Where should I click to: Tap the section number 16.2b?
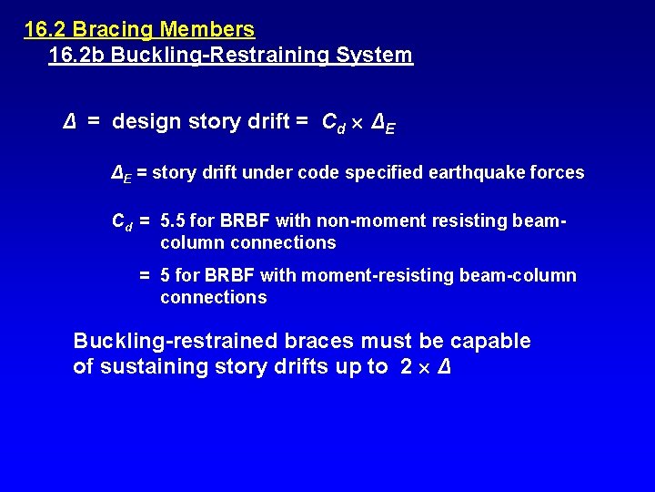[x=77, y=55]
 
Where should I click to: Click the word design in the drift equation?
[x=146, y=121]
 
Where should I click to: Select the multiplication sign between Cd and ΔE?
[x=358, y=122]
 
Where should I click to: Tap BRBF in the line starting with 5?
[x=230, y=275]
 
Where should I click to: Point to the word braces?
[x=319, y=341]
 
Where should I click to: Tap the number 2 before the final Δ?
[x=406, y=368]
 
